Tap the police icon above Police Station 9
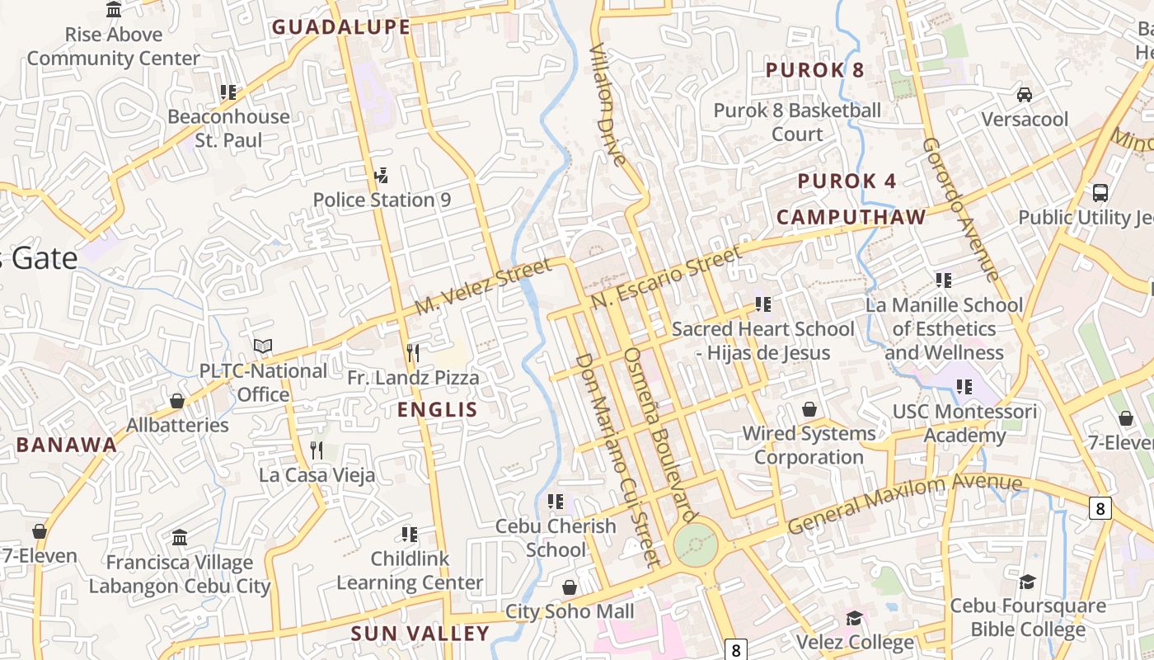coord(380,175)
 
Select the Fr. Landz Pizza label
coord(413,378)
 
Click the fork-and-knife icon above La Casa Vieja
coord(317,450)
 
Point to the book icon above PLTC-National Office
coord(263,346)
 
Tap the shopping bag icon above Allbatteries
coord(176,401)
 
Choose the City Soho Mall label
coord(570,611)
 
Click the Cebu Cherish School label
coord(556,537)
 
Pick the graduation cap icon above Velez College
coord(855,618)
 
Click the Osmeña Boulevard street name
coord(656,435)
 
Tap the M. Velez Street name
coord(483,286)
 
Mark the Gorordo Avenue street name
coord(960,210)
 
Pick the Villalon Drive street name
coord(608,105)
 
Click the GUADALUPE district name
coord(341,27)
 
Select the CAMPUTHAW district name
coord(851,217)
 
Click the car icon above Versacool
coord(1025,94)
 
